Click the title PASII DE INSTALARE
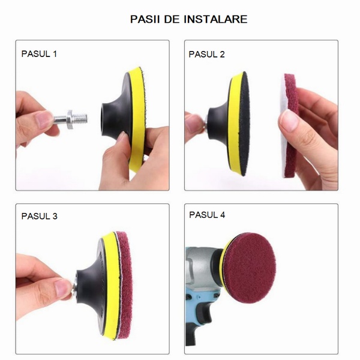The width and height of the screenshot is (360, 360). (188, 19)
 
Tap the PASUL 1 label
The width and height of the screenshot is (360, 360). (39, 54)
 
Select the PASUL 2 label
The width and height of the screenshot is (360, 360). (206, 55)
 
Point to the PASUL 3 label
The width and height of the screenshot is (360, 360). (39, 216)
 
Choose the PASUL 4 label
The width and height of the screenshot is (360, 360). (207, 215)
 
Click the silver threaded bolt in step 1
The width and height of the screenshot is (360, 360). (71, 119)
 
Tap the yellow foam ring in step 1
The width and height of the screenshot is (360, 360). (136, 119)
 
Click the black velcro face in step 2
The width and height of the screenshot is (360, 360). (245, 124)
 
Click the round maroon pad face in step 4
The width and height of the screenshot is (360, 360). (250, 268)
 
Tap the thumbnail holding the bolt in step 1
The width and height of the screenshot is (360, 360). (44, 119)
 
